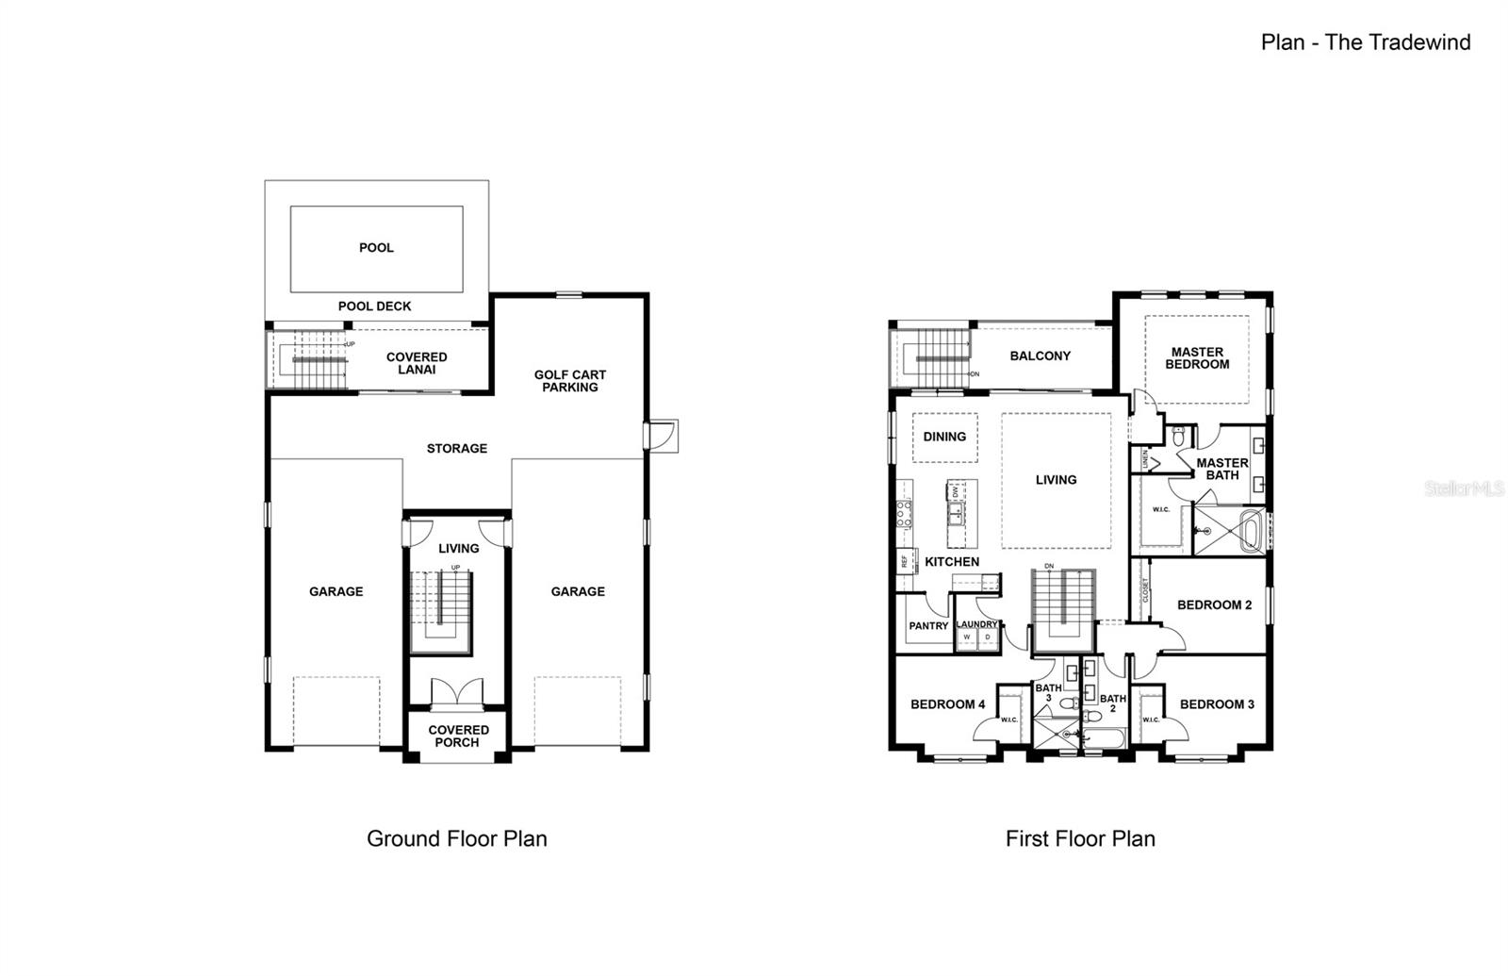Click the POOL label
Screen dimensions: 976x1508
376,248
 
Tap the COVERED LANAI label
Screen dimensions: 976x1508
417,363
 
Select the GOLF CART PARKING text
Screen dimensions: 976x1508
570,381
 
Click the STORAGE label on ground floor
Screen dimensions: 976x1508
457,449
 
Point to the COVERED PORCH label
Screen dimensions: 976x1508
459,736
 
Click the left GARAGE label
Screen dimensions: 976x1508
336,592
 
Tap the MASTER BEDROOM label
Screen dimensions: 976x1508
1197,358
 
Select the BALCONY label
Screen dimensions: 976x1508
1041,356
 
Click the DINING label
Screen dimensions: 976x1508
944,437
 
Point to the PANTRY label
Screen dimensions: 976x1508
928,626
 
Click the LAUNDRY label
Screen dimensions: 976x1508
976,624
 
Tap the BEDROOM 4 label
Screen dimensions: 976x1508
947,704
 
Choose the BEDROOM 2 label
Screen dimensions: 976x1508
1214,605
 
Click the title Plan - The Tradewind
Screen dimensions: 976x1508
1365,41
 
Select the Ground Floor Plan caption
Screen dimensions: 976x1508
457,838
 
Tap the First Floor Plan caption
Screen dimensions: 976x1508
1080,838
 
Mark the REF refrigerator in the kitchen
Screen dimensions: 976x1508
904,560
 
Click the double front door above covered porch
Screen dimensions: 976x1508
457,692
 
